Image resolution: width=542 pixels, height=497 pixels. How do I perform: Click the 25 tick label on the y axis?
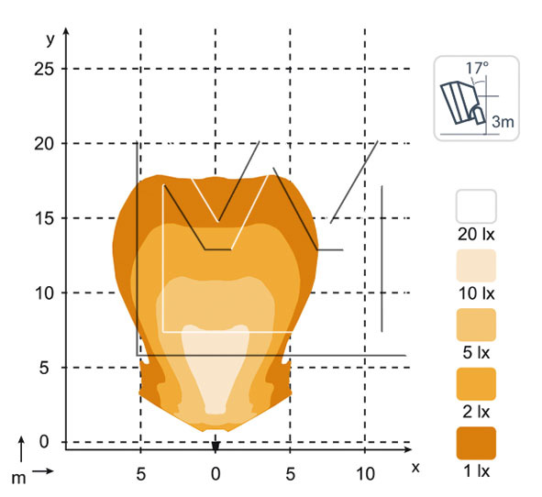point(44,69)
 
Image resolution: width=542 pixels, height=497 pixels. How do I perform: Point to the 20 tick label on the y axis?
point(44,144)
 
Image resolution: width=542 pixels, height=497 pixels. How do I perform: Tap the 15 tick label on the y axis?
point(44,218)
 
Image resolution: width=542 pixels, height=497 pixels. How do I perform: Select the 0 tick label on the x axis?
point(216,474)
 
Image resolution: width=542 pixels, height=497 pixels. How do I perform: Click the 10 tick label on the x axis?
point(365,474)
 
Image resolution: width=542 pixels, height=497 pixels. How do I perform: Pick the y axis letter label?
point(50,39)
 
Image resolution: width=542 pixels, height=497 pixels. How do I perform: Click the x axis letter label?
point(415,468)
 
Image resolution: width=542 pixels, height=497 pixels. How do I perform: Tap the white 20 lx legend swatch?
point(476,206)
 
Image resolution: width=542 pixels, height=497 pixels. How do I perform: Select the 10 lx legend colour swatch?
point(476,265)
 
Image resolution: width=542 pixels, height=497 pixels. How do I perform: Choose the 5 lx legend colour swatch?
point(476,325)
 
